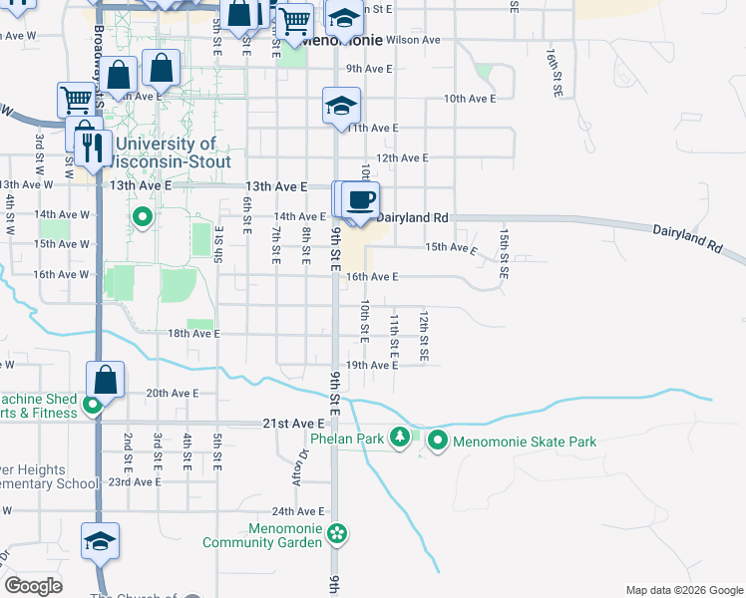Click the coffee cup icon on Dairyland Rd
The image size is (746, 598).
point(361,199)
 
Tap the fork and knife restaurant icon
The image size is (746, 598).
point(92,148)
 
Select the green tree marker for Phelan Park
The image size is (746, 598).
point(400,438)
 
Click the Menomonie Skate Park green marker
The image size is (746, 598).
point(437,440)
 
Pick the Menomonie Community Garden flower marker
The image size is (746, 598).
point(338,534)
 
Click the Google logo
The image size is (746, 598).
point(34,586)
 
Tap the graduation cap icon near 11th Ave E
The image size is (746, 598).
point(341,106)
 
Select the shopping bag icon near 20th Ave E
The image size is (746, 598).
point(105,380)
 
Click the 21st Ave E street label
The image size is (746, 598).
point(294,424)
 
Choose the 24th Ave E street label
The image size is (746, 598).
point(296,510)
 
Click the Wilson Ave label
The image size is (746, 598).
point(413,41)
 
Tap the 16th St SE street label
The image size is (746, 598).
point(553,71)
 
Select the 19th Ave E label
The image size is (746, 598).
point(371,366)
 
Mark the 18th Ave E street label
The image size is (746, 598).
point(193,334)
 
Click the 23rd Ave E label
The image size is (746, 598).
point(135,481)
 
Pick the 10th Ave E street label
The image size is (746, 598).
point(470,99)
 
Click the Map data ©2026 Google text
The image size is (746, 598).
point(683,590)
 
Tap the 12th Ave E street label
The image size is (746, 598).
point(402,157)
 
